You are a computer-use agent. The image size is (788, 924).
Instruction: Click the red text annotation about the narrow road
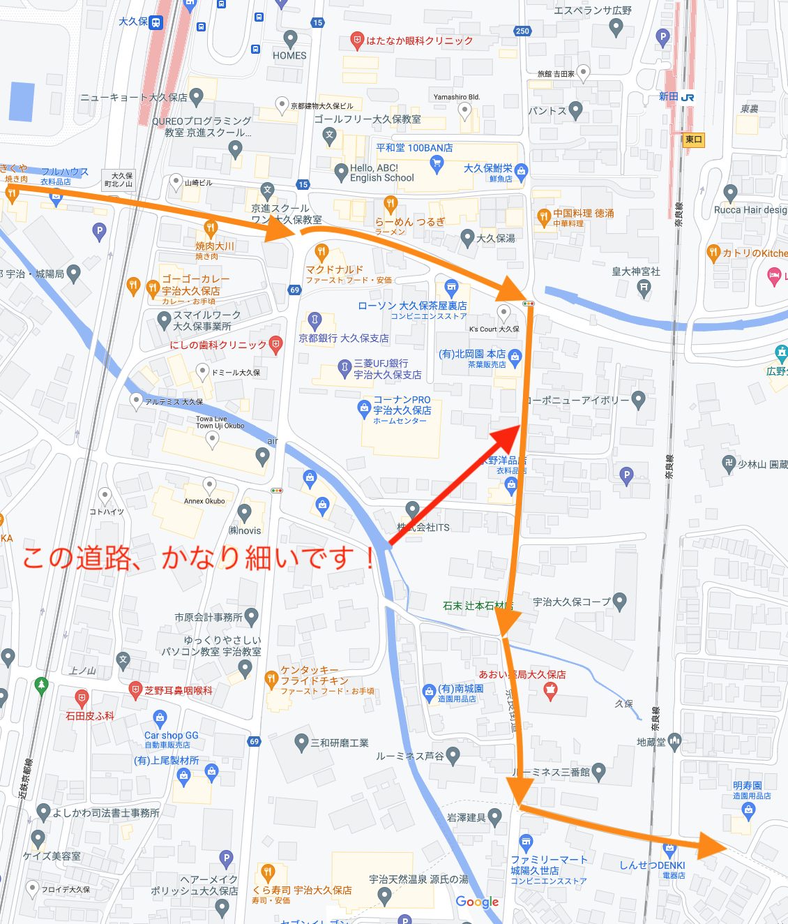199,558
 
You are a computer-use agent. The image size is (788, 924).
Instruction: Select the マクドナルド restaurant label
335,269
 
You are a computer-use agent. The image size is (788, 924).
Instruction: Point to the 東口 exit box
693,140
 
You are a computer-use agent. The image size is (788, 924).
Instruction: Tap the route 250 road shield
522,31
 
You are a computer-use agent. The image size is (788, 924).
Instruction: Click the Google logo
477,902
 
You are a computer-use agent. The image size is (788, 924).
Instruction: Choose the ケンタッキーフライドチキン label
314,676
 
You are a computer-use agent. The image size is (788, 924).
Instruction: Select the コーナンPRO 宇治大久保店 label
402,405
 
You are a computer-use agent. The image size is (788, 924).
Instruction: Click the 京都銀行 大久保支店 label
344,338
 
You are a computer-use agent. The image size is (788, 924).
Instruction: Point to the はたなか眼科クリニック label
418,41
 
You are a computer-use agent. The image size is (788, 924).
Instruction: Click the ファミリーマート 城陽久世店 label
549,865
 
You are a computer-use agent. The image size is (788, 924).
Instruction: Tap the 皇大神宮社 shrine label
635,271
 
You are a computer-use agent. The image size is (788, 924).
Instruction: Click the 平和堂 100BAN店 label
414,148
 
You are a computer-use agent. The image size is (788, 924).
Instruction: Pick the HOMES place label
289,55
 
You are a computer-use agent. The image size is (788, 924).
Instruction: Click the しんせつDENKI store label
652,865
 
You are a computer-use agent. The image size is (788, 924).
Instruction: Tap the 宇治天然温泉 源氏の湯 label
418,879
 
